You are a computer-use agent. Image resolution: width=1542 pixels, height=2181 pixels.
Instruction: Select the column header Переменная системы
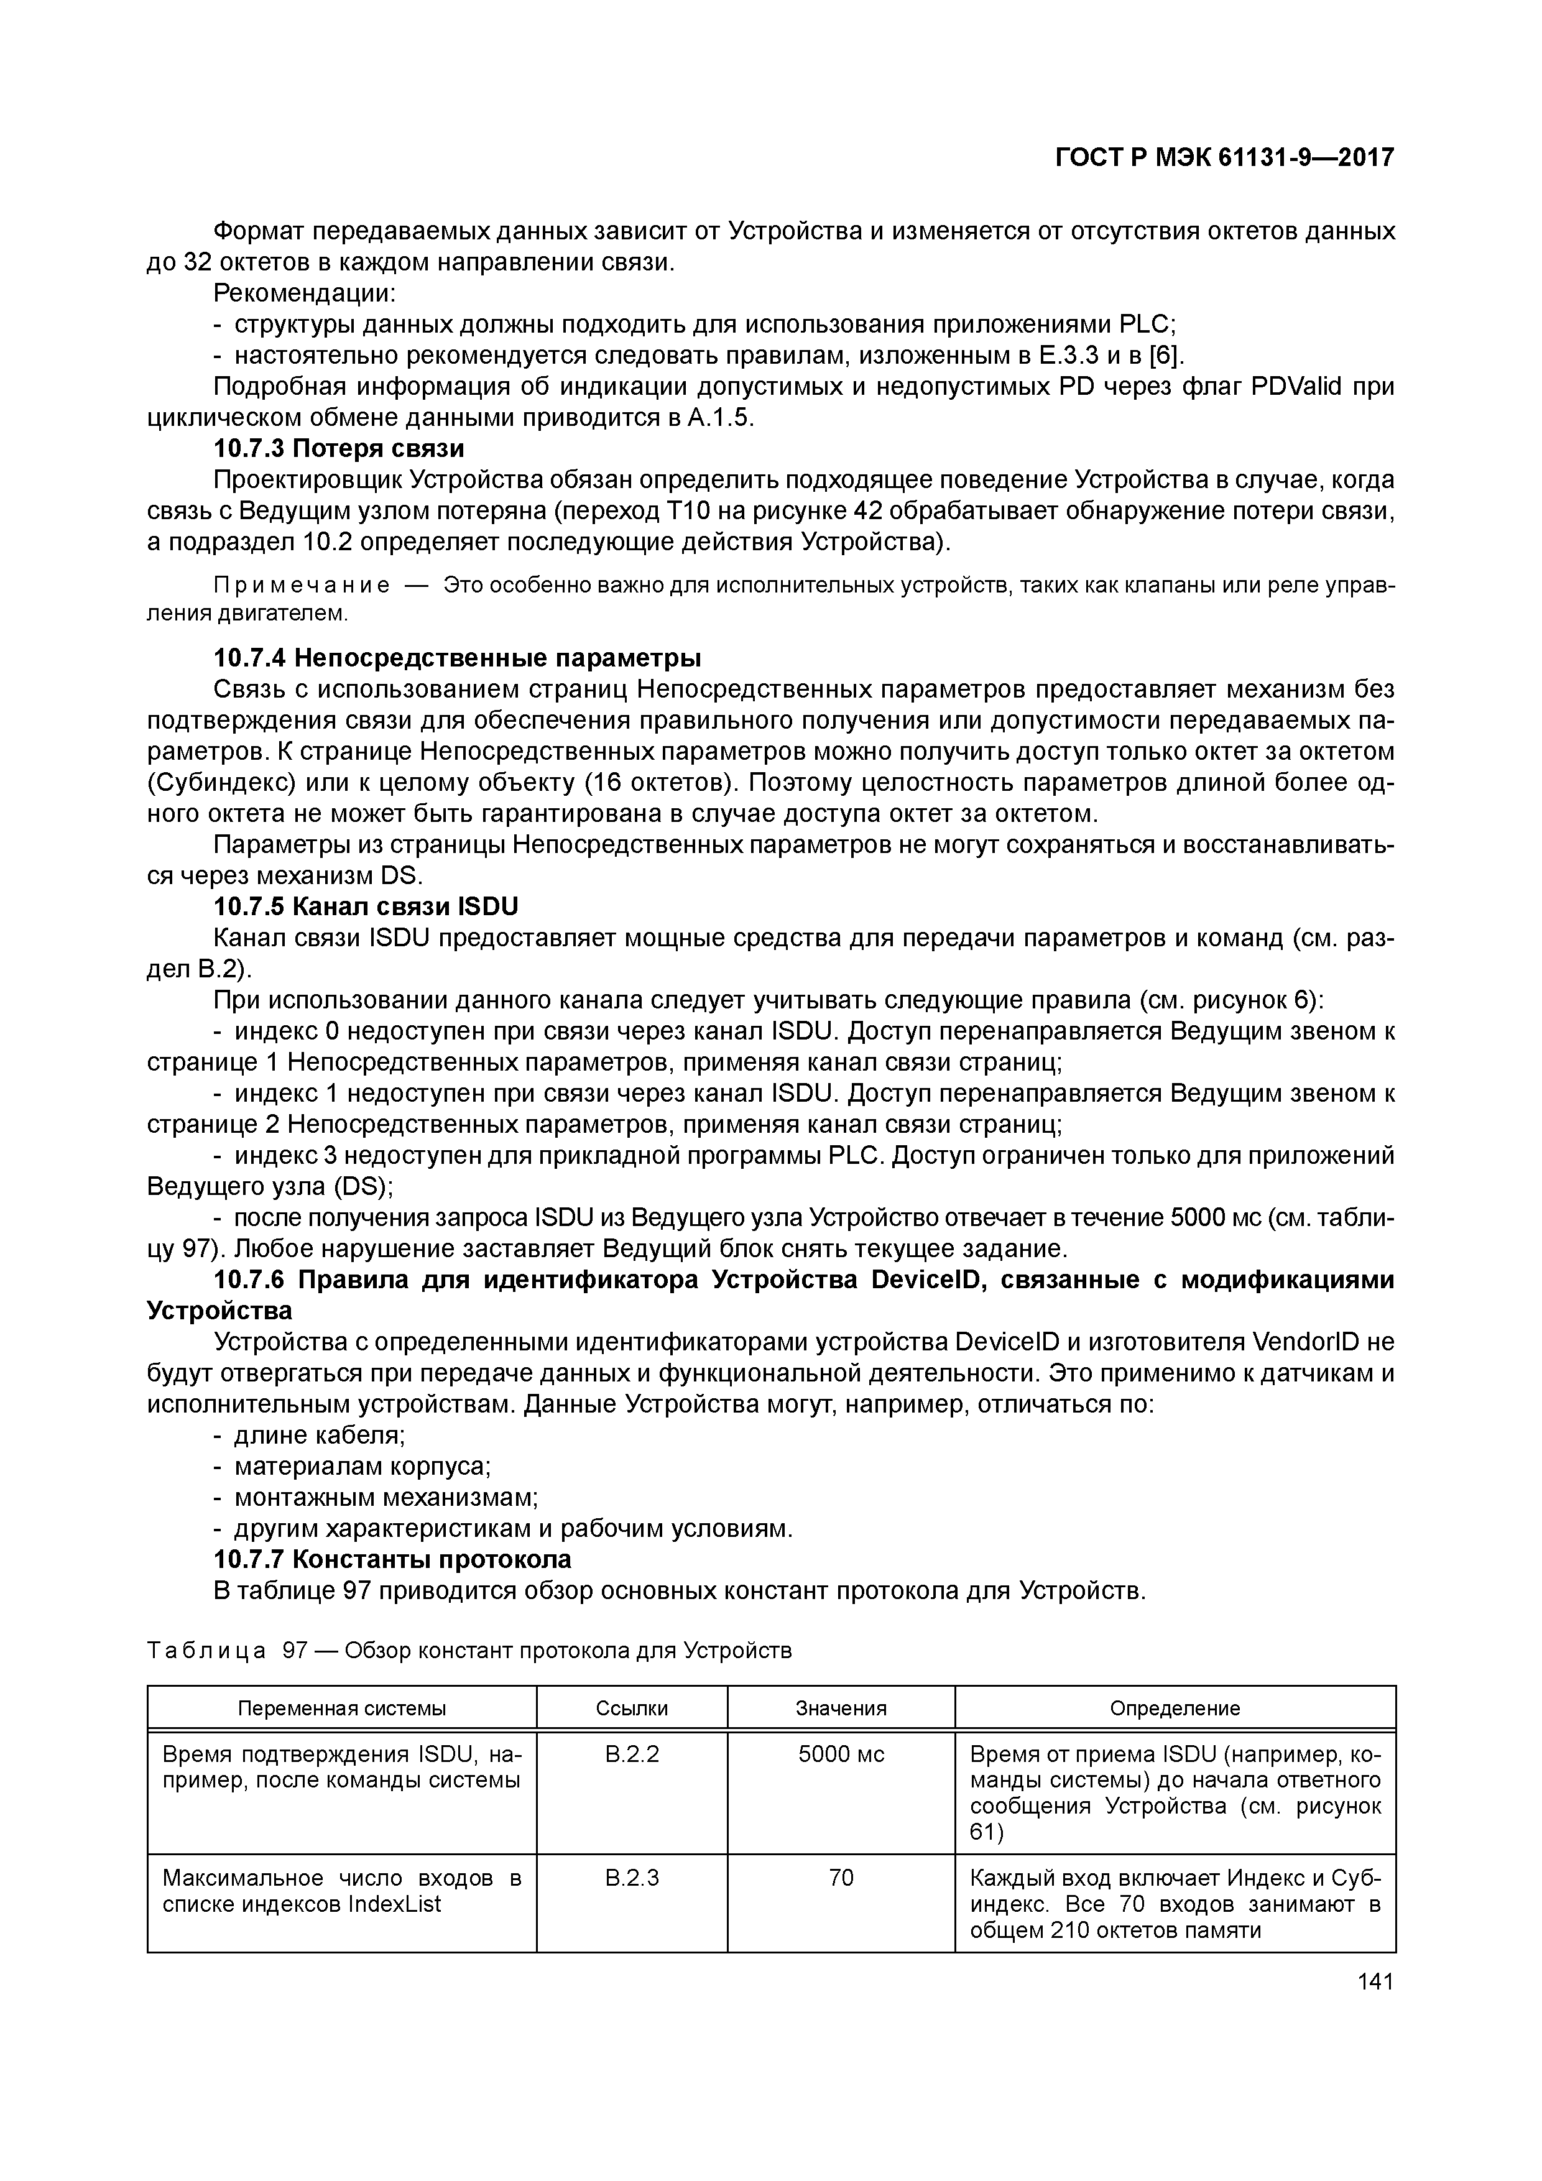(341, 1708)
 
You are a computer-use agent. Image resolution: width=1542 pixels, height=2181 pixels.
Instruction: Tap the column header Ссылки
(632, 1708)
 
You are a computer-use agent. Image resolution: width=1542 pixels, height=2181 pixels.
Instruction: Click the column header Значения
(841, 1708)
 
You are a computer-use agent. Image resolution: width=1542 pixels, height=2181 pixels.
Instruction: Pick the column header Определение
(1175, 1708)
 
